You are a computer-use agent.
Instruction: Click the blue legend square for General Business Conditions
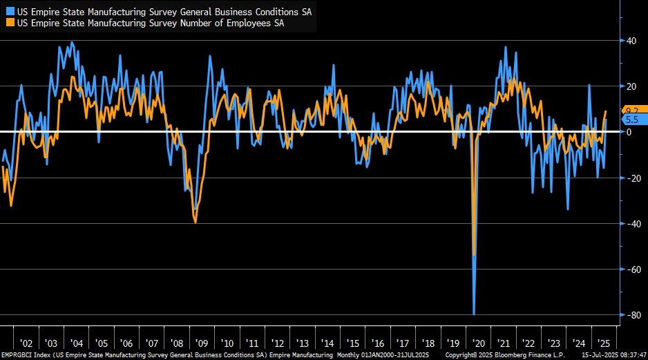pos(8,12)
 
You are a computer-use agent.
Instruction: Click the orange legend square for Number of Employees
pos(8,23)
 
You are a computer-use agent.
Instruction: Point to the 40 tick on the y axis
pos(631,41)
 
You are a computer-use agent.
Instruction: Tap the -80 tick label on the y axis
pos(629,315)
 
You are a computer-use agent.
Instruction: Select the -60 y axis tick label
pos(629,269)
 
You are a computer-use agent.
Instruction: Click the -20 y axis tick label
pos(629,178)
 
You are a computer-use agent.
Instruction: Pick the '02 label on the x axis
pos(26,343)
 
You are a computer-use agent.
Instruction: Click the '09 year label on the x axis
pos(202,343)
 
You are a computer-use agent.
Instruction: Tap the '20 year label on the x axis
pos(477,343)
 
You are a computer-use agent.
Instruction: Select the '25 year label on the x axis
pos(602,343)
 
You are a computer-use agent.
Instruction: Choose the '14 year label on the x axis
pos(327,343)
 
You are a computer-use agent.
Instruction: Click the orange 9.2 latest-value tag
pos(631,110)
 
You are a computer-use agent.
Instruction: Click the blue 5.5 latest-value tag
pos(631,120)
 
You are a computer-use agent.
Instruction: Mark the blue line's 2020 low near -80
pos(474,314)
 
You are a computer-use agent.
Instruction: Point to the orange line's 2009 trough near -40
pos(196,222)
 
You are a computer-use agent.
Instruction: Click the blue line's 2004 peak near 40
pos(73,42)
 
